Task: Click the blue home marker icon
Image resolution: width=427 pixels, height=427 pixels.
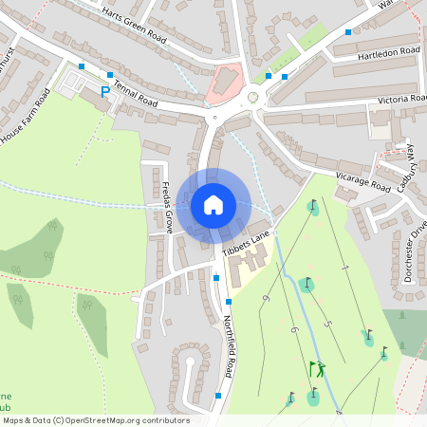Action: [x=213, y=205]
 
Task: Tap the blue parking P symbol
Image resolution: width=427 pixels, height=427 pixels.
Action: [x=104, y=92]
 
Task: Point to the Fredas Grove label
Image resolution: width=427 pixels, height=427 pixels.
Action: [x=167, y=208]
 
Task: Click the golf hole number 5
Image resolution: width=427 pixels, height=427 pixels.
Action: [x=327, y=325]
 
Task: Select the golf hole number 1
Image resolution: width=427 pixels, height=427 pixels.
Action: [x=346, y=270]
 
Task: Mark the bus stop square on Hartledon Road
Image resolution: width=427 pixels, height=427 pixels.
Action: [x=348, y=32]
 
